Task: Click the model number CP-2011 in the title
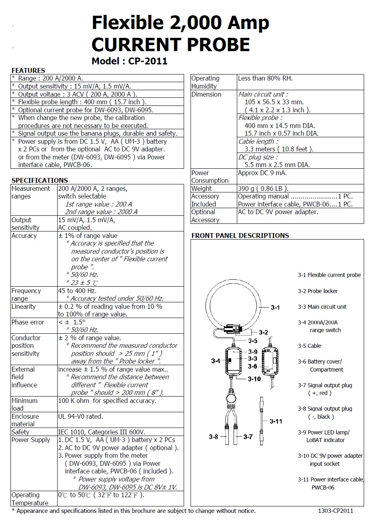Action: [x=147, y=61]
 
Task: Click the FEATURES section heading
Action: [x=28, y=70]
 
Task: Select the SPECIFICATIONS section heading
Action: [x=39, y=180]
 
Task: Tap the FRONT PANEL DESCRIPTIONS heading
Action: [x=240, y=236]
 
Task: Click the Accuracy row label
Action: [x=24, y=236]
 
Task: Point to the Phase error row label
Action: [x=28, y=322]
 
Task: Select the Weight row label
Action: [x=201, y=188]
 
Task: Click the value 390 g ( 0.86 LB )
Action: [x=263, y=188]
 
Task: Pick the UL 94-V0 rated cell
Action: [x=81, y=416]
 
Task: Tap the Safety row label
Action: [x=20, y=432]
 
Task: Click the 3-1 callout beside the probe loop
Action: [x=275, y=308]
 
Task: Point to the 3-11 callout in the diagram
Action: [x=276, y=421]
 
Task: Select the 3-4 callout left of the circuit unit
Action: [x=215, y=361]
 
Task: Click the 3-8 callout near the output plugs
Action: [x=213, y=437]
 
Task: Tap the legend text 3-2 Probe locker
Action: [x=318, y=291]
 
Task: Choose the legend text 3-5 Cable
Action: [x=309, y=346]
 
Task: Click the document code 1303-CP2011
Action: [x=336, y=511]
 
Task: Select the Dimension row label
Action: [x=206, y=94]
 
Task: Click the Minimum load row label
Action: [x=24, y=404]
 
